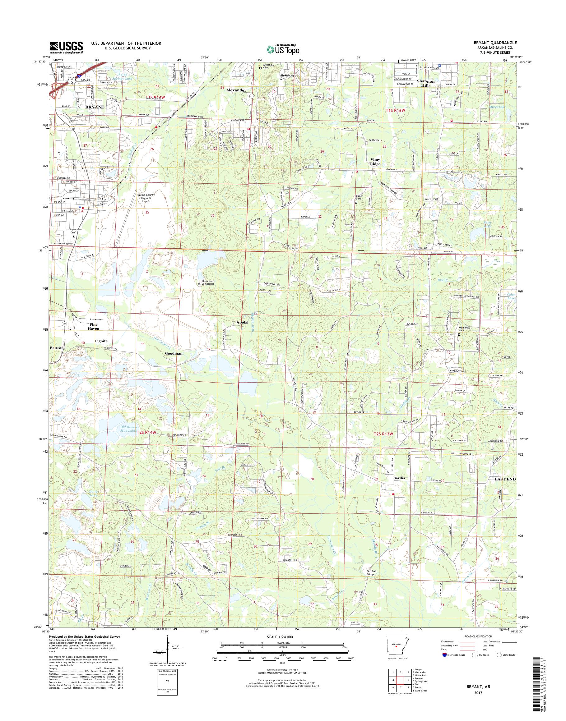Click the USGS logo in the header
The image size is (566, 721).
click(66, 47)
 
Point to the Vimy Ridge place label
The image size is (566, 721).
click(375, 161)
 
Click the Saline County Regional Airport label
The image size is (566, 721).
click(146, 198)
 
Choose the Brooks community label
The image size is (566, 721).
click(241, 322)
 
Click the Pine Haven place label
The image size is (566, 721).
click(93, 327)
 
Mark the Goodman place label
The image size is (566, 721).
click(174, 353)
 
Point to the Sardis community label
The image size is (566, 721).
click(399, 478)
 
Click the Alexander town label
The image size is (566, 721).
click(236, 90)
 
